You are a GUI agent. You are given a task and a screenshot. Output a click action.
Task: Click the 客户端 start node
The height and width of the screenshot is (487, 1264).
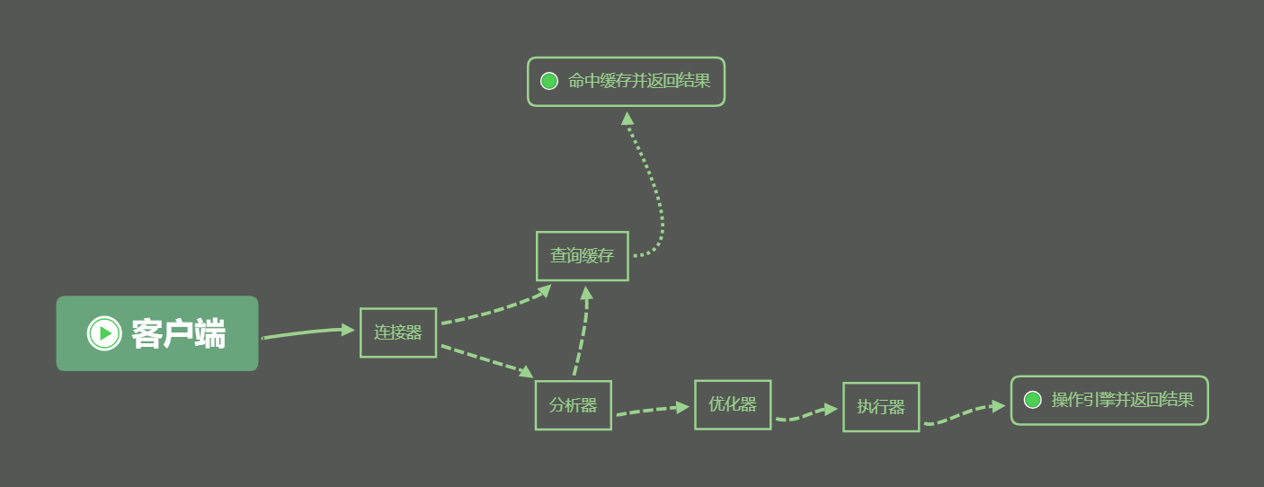pyautogui.click(x=157, y=333)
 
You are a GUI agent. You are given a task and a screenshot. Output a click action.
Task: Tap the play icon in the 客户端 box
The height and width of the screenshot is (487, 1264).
pyautogui.click(x=104, y=333)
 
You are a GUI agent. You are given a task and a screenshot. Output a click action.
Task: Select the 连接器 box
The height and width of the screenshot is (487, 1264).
pyautogui.click(x=398, y=332)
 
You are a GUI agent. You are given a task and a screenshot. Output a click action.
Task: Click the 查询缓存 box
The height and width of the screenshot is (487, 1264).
pyautogui.click(x=583, y=256)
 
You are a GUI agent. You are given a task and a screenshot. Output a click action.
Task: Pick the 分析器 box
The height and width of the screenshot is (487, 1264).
pyautogui.click(x=574, y=405)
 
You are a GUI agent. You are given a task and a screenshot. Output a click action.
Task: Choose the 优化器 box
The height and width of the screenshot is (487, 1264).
pyautogui.click(x=733, y=404)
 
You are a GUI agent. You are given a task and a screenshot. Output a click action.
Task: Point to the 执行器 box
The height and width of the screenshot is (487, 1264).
pyautogui.click(x=881, y=407)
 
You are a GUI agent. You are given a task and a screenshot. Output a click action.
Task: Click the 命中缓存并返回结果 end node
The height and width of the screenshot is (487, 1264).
pyautogui.click(x=627, y=81)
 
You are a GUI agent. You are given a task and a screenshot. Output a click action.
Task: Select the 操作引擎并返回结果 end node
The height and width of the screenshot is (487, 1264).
pyautogui.click(x=1109, y=400)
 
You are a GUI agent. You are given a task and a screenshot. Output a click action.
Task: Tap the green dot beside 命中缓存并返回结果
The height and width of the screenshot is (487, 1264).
pyautogui.click(x=549, y=81)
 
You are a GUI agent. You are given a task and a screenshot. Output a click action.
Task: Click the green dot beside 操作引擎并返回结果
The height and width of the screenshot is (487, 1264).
pyautogui.click(x=1033, y=400)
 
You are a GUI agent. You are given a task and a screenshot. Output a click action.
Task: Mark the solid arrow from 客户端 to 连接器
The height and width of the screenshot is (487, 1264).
pyautogui.click(x=308, y=332)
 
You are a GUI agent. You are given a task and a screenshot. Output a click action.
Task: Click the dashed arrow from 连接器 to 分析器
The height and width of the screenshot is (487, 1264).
pyautogui.click(x=487, y=360)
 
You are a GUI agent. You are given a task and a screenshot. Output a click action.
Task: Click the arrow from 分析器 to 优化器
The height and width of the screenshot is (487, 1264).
pyautogui.click(x=653, y=411)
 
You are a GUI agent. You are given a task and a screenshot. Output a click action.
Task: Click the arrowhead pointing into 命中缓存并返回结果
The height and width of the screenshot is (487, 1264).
pyautogui.click(x=627, y=119)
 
